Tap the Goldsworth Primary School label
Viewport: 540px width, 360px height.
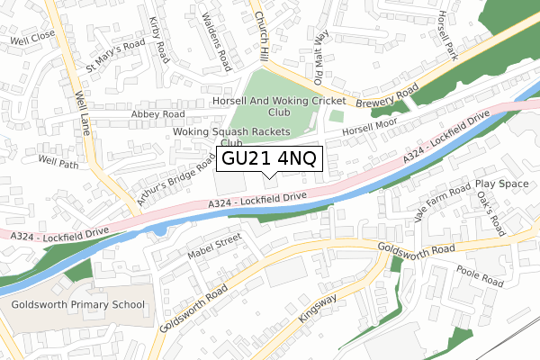79,305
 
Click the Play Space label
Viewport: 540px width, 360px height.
502,183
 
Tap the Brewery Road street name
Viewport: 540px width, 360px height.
387,98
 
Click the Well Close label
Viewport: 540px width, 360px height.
32,41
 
